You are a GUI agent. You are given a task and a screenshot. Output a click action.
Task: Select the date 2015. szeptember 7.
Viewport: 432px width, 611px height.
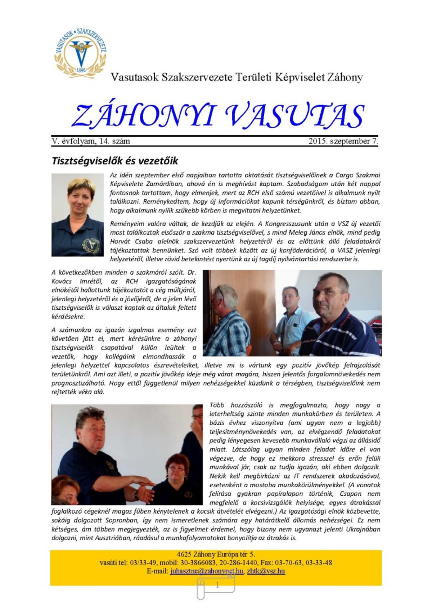tap(343, 141)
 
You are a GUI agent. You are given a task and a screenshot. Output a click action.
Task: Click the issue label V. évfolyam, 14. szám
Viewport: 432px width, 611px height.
tap(91, 141)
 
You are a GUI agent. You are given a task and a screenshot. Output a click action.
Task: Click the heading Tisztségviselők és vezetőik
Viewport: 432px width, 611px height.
tap(115, 160)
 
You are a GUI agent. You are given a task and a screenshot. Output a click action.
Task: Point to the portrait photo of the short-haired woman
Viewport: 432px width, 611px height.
tap(77, 215)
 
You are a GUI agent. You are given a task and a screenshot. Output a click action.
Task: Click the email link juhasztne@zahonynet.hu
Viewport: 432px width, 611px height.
tap(207, 571)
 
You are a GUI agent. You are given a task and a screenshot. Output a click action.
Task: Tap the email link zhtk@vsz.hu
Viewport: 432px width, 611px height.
tap(266, 571)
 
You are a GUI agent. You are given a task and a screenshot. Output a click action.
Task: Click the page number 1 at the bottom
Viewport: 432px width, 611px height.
tap(217, 585)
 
